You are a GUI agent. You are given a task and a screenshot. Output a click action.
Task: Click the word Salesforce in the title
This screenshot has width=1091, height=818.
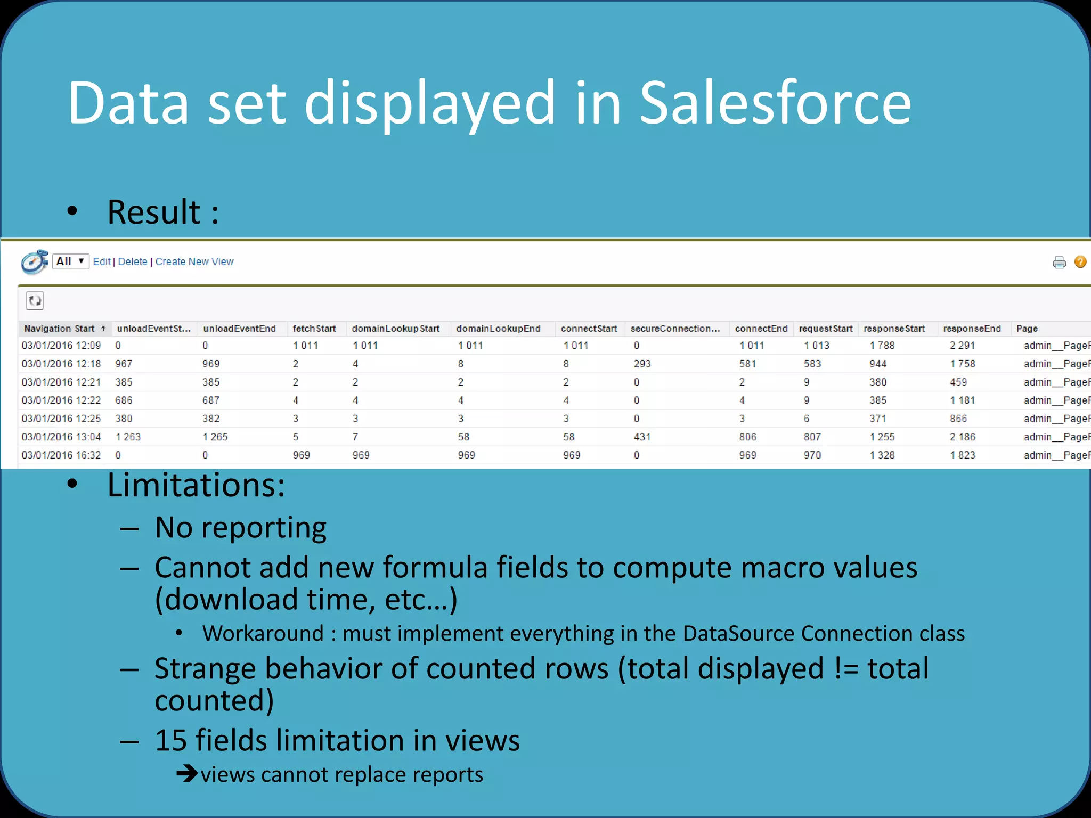pos(775,103)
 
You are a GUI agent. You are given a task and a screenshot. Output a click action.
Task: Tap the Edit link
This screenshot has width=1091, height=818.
pos(101,261)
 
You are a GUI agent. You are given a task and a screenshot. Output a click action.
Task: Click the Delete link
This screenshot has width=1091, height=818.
pos(133,261)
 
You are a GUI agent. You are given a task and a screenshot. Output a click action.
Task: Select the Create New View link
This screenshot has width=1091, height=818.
pos(194,261)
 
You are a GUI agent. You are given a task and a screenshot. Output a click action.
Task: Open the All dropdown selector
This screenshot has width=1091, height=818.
pos(70,261)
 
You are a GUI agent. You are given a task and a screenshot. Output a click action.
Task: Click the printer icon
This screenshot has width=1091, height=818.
pos(1059,263)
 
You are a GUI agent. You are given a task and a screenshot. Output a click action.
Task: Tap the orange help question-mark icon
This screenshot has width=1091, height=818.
pos(1080,261)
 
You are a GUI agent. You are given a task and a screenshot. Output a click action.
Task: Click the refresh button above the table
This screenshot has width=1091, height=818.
pos(35,301)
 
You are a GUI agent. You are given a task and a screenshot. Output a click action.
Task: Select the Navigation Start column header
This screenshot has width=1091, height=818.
pos(59,329)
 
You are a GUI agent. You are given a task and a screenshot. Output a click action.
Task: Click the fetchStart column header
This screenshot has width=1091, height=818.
pos(314,329)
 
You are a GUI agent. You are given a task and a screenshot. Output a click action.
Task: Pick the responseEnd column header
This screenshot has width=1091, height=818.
pos(972,329)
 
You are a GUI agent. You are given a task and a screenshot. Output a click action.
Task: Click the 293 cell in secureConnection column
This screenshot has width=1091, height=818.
pos(642,364)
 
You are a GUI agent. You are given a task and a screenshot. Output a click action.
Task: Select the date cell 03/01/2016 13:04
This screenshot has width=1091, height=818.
pos(61,437)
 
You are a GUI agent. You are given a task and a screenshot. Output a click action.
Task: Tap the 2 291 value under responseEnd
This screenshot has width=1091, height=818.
pos(962,346)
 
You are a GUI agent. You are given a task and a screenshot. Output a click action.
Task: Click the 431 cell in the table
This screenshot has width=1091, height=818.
pos(642,437)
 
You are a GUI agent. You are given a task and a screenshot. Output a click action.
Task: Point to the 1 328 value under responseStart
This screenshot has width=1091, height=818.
pos(882,455)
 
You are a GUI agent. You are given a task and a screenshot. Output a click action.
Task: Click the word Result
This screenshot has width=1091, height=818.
pos(154,212)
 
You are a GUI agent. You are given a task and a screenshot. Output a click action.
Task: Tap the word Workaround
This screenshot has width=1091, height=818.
pos(263,634)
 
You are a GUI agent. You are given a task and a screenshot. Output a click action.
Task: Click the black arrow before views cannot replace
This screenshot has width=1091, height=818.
pos(187,773)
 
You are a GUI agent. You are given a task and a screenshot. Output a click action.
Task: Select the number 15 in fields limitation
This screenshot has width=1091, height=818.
pos(170,741)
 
